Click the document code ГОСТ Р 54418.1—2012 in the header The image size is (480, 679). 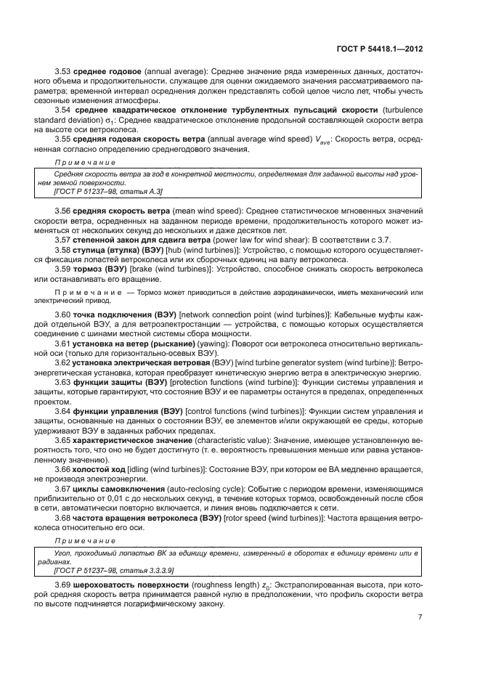[x=381, y=49]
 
